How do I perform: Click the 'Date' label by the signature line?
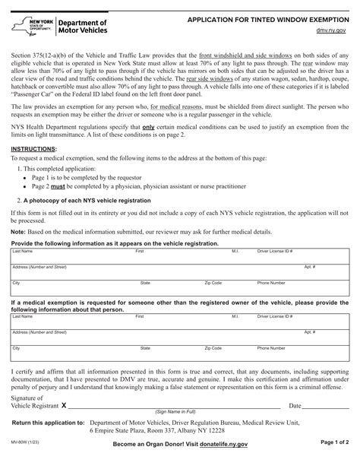point(295,407)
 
